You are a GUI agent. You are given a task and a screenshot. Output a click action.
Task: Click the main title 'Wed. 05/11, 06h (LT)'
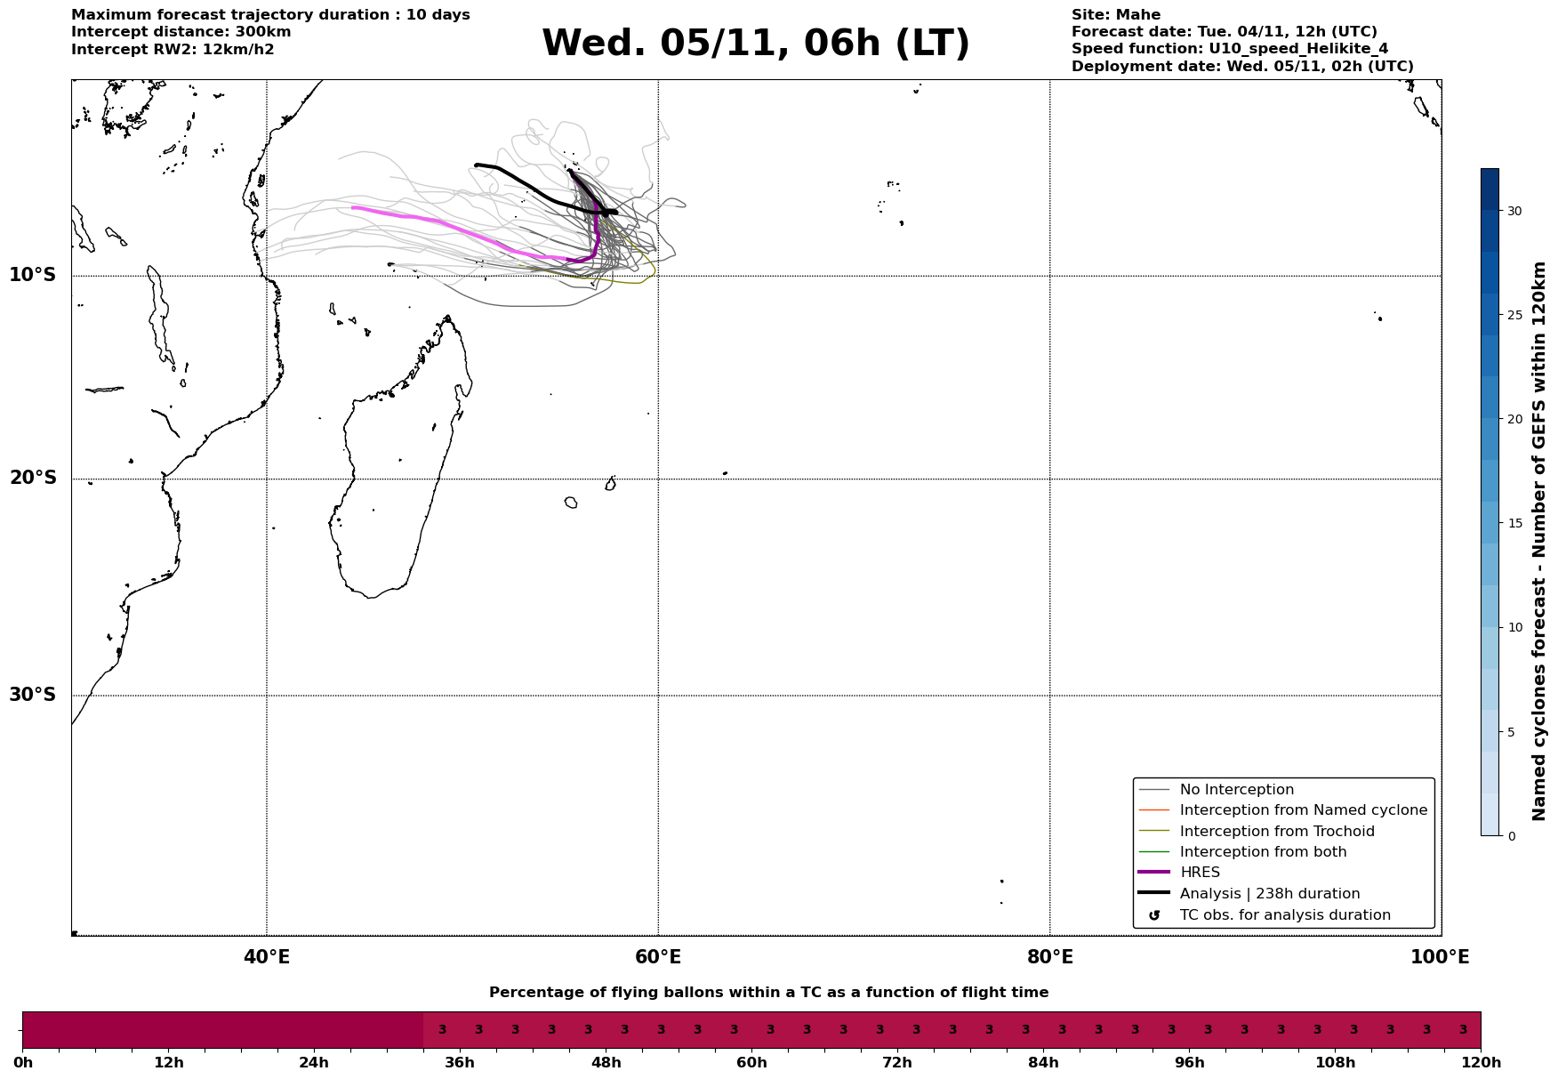[x=755, y=44]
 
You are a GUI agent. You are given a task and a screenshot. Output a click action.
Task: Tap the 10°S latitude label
[x=33, y=275]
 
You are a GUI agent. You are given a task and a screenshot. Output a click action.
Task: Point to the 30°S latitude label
[x=33, y=695]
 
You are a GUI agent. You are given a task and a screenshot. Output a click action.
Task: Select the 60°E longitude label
[x=658, y=958]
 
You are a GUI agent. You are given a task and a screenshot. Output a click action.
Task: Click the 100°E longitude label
[x=1439, y=958]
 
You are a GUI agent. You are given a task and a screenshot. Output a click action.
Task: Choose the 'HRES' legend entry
[x=1199, y=873]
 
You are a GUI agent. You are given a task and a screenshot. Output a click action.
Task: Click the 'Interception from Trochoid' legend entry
[x=1276, y=832]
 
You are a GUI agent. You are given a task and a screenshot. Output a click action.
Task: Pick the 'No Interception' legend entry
[x=1236, y=790]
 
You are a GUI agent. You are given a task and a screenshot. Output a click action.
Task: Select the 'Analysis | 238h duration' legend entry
[x=1269, y=894]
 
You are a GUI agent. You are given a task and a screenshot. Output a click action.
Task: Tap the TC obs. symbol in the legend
[x=1154, y=915]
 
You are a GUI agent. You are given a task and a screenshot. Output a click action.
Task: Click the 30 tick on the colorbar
[x=1514, y=211]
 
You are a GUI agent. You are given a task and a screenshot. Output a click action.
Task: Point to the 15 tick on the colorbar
[x=1514, y=523]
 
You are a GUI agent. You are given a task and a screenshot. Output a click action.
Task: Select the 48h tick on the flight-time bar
[x=606, y=1063]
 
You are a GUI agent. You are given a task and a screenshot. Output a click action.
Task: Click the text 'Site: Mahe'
[x=1115, y=15]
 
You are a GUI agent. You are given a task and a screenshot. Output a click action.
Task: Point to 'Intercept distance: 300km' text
[x=181, y=32]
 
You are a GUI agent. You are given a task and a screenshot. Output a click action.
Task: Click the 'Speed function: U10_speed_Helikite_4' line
[x=1229, y=49]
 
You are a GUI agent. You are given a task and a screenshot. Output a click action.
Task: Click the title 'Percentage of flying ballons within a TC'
[x=768, y=993]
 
